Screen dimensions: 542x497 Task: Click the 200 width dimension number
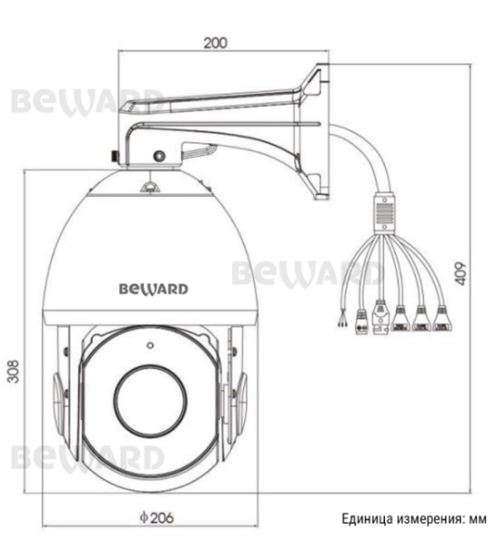[216, 42]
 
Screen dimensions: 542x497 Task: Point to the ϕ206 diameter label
[156, 518]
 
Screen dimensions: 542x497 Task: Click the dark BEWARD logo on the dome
[154, 289]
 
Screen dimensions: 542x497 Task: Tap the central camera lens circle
[150, 394]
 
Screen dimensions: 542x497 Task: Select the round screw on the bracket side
[159, 155]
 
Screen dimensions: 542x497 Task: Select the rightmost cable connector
[443, 317]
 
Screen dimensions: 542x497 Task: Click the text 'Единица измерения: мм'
[414, 519]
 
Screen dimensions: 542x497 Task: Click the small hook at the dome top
[150, 186]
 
